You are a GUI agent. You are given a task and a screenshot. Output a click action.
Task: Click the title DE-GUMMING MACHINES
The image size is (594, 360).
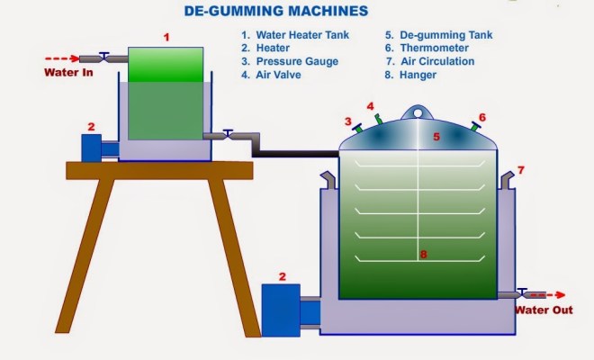point(275,12)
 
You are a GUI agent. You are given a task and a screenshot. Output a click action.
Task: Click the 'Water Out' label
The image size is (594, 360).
point(544,310)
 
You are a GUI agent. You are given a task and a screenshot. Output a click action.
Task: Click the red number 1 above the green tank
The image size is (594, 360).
point(166,37)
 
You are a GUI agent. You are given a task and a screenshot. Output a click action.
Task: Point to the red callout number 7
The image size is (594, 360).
point(520,169)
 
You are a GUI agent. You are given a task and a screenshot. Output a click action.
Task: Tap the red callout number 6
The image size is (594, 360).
point(482,117)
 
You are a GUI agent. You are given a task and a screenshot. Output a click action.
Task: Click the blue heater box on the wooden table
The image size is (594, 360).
point(94,147)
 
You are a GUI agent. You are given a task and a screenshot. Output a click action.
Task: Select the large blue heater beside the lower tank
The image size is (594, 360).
point(280,310)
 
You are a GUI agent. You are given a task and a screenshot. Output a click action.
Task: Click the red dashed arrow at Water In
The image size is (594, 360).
point(61,59)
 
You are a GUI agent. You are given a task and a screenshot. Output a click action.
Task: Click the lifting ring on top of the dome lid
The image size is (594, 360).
point(414,112)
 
